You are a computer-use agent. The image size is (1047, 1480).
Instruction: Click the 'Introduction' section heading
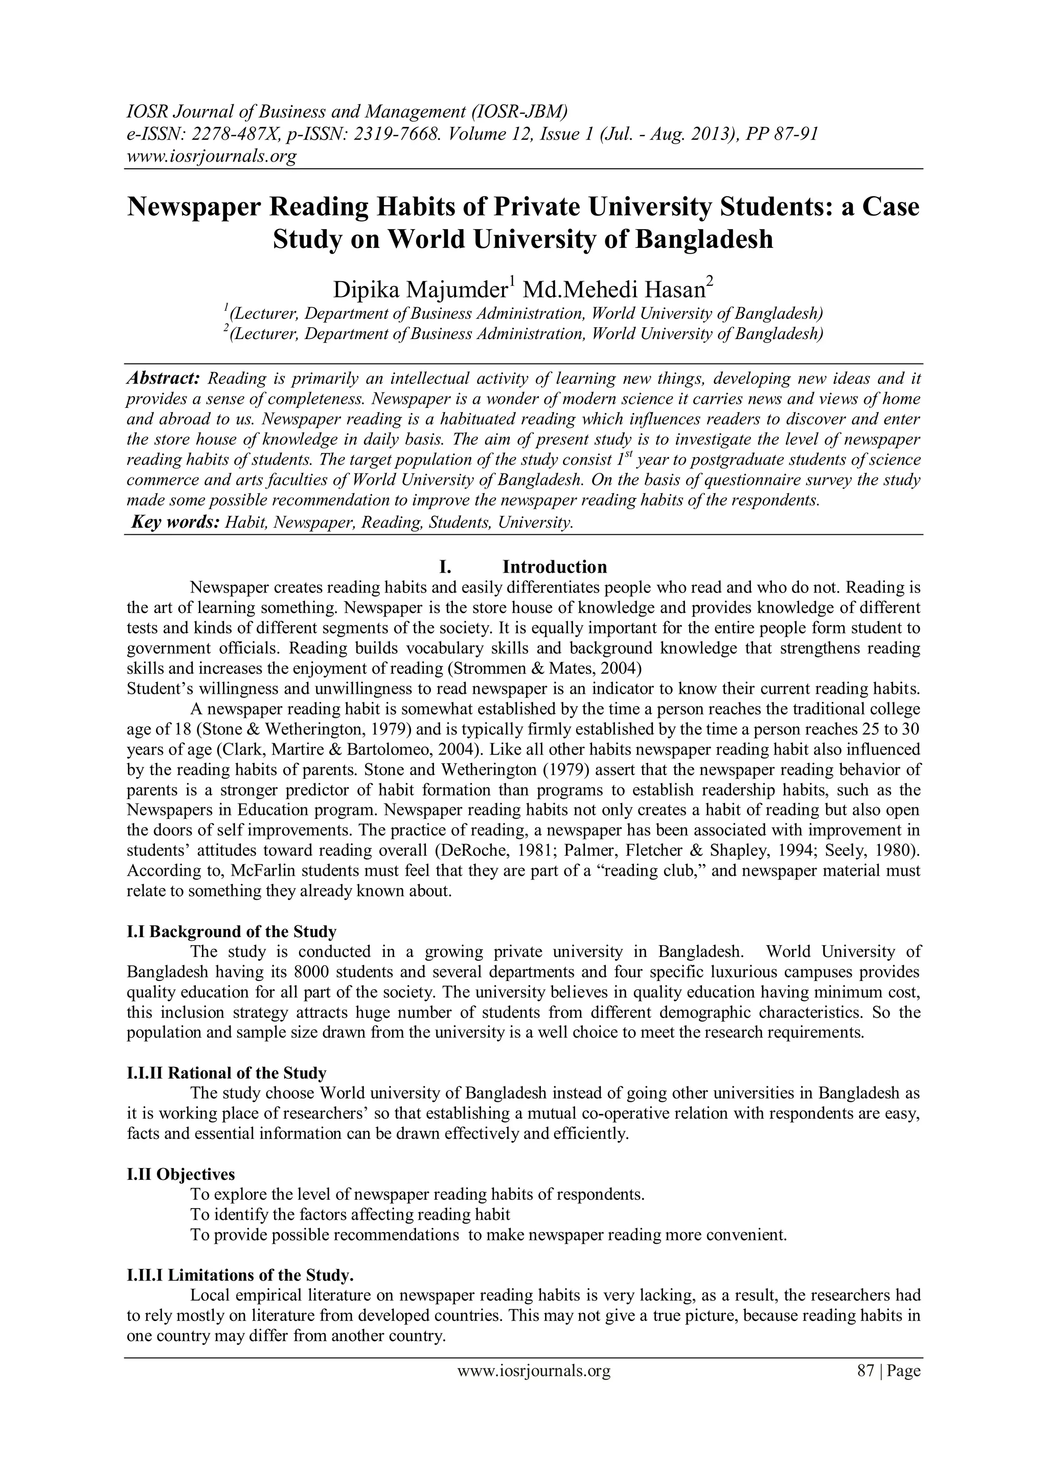(555, 567)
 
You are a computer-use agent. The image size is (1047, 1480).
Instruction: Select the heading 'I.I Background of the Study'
(232, 931)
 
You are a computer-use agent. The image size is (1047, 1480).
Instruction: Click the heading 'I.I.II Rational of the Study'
(226, 1073)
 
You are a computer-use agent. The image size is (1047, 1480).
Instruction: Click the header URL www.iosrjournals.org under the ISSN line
(211, 156)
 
